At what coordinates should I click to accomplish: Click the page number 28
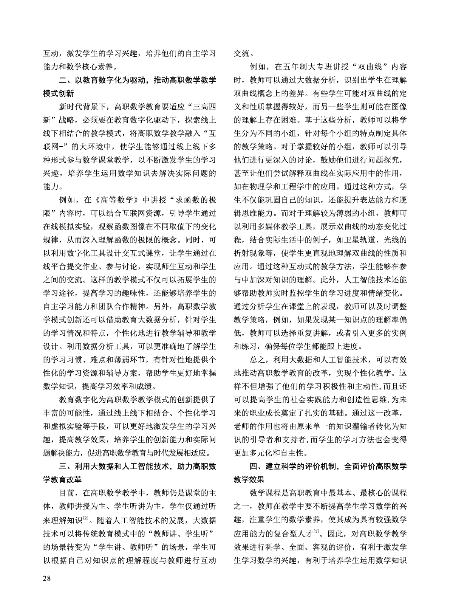[x=48, y=578]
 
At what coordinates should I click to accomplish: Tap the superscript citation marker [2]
[x=86, y=518]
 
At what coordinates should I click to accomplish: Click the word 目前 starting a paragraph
[x=67, y=493]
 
